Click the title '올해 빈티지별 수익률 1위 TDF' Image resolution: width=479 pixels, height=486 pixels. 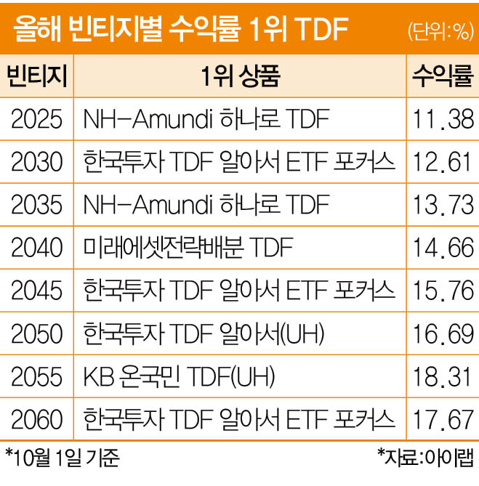pos(178,30)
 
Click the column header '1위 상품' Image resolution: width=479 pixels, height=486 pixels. pos(239,76)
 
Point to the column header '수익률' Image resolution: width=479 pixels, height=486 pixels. pos(443,76)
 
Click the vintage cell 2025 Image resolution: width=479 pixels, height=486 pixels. pos(37,119)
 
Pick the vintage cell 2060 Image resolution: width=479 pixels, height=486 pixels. pos(37,420)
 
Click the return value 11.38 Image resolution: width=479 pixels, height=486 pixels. pos(443,119)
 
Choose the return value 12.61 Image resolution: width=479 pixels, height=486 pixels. pos(443,162)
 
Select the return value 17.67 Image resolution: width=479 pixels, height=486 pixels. pos(443,420)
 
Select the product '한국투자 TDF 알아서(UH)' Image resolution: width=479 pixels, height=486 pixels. pos(204,335)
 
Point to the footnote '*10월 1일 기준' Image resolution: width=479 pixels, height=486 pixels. pos(62,459)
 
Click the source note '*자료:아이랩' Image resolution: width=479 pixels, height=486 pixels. pos(424,459)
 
